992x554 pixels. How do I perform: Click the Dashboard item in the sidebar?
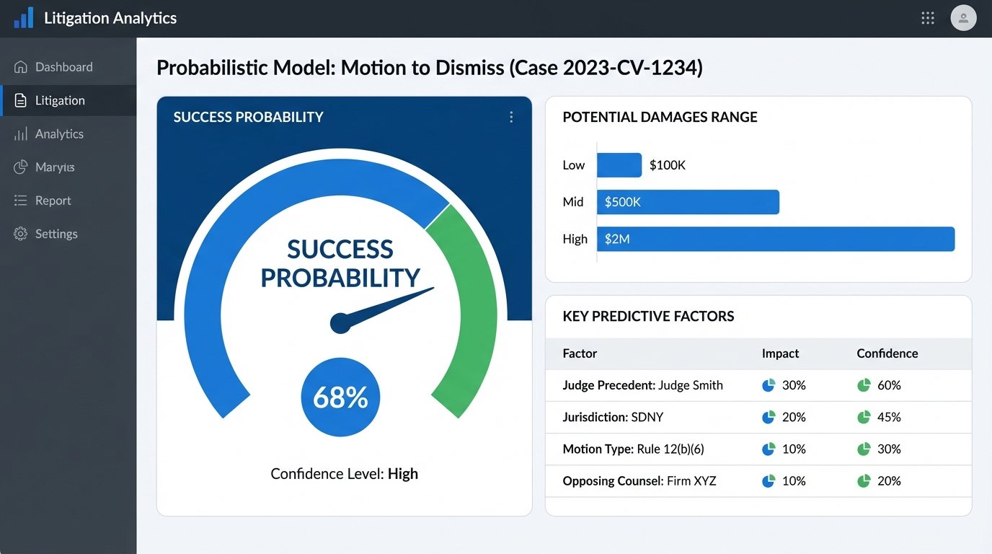pos(63,67)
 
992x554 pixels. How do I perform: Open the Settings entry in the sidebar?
pos(56,234)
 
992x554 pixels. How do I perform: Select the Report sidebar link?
pos(53,201)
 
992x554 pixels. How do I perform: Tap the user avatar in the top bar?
pos(963,18)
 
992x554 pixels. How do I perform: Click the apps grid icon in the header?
pos(928,18)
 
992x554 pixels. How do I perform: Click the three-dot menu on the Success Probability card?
pos(511,117)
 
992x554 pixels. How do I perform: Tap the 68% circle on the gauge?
pos(340,397)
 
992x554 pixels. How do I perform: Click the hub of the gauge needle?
pos(340,324)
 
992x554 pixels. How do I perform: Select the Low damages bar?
pos(619,165)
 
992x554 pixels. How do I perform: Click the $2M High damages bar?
pos(776,239)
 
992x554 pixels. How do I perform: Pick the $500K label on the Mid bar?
pos(622,202)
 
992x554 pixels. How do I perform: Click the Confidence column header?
pos(887,353)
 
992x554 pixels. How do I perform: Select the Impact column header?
pos(780,353)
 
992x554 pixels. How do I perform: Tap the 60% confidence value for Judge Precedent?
pos(889,385)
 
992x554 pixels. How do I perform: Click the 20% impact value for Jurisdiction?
pos(794,417)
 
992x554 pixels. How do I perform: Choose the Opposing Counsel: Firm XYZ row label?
pos(639,480)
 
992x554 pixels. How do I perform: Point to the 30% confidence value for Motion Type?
pos(889,449)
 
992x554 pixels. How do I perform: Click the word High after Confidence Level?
pos(403,474)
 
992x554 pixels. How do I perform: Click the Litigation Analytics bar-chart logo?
pos(24,18)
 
